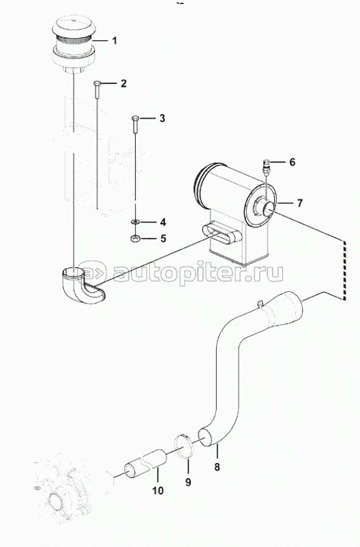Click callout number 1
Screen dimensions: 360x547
(115, 41)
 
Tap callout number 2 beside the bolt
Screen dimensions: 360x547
(123, 83)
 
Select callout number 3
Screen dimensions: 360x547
(162, 118)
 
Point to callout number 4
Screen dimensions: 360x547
(162, 222)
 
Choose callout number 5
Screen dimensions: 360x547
(163, 239)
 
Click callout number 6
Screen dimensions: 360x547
(292, 162)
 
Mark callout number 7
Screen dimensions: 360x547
(299, 203)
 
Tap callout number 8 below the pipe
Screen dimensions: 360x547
(217, 467)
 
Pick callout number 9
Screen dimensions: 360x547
(188, 482)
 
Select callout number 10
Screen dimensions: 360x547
(157, 490)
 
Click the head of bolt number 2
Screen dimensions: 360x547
(97, 83)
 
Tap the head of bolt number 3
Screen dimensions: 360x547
(136, 118)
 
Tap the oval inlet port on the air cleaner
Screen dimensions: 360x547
(221, 233)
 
